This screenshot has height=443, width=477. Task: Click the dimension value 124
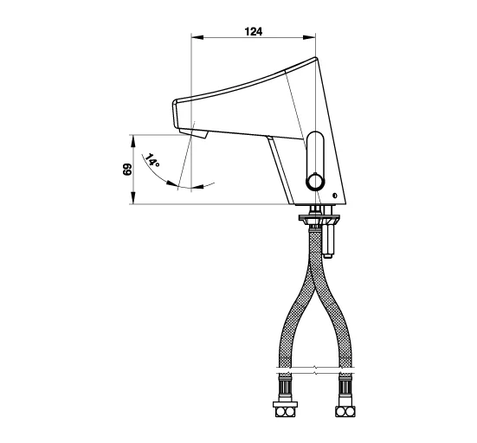coord(253,31)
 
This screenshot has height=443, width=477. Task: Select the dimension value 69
coord(127,170)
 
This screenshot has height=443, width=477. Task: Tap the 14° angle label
coord(151,160)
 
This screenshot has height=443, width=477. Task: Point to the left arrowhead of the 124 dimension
coord(197,37)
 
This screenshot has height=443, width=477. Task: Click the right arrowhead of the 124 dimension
coord(309,37)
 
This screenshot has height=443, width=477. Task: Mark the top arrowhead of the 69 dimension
coord(132,140)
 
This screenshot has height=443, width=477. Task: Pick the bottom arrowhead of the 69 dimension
coord(132,198)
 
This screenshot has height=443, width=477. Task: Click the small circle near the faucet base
coord(335,196)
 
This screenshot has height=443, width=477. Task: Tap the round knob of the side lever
coord(315,182)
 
